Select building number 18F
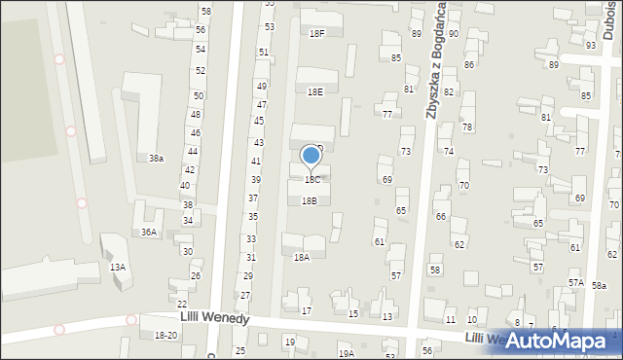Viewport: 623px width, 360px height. pyautogui.click(x=316, y=33)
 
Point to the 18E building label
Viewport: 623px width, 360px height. pyautogui.click(x=314, y=91)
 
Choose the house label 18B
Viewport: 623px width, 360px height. pyautogui.click(x=309, y=201)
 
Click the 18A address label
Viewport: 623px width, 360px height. pyautogui.click(x=302, y=257)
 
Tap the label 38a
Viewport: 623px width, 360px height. pyautogui.click(x=156, y=159)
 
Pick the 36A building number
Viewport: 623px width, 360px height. pyautogui.click(x=148, y=233)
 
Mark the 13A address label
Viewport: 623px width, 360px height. pyautogui.click(x=118, y=268)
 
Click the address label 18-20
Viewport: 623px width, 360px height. pyautogui.click(x=165, y=336)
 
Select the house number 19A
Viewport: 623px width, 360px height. pyautogui.click(x=346, y=354)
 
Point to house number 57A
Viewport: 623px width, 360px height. pyautogui.click(x=575, y=283)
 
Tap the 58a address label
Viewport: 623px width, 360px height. pyautogui.click(x=599, y=285)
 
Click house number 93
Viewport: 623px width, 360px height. pyautogui.click(x=590, y=46)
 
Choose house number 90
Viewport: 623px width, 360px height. pyautogui.click(x=454, y=34)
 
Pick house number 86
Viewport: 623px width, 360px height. pyautogui.click(x=469, y=65)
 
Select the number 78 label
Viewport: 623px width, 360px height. pyautogui.click(x=467, y=127)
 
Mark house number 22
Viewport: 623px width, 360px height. pyautogui.click(x=182, y=306)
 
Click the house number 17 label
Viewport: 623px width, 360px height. pyautogui.click(x=307, y=311)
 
